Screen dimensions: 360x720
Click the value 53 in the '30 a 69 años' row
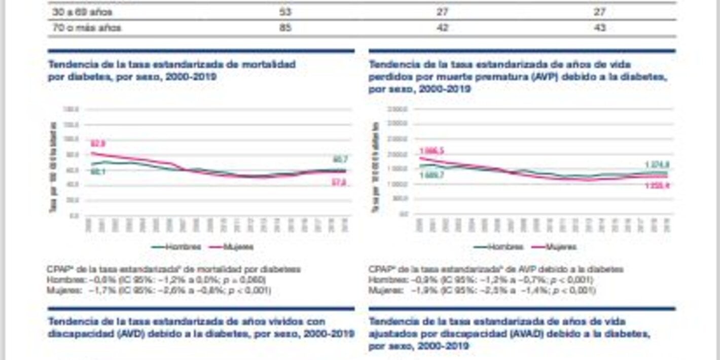coord(285,12)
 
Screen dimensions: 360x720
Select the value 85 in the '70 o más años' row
coord(285,28)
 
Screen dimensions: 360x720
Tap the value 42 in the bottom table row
coord(442,28)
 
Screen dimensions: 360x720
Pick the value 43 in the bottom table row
coord(600,28)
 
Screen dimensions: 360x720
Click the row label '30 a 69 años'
coord(82,12)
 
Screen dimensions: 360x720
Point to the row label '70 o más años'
coord(87,28)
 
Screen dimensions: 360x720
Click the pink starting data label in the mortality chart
coord(98,143)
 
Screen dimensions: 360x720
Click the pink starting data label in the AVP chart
coord(431,151)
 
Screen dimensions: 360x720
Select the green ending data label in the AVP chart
coord(658,165)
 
